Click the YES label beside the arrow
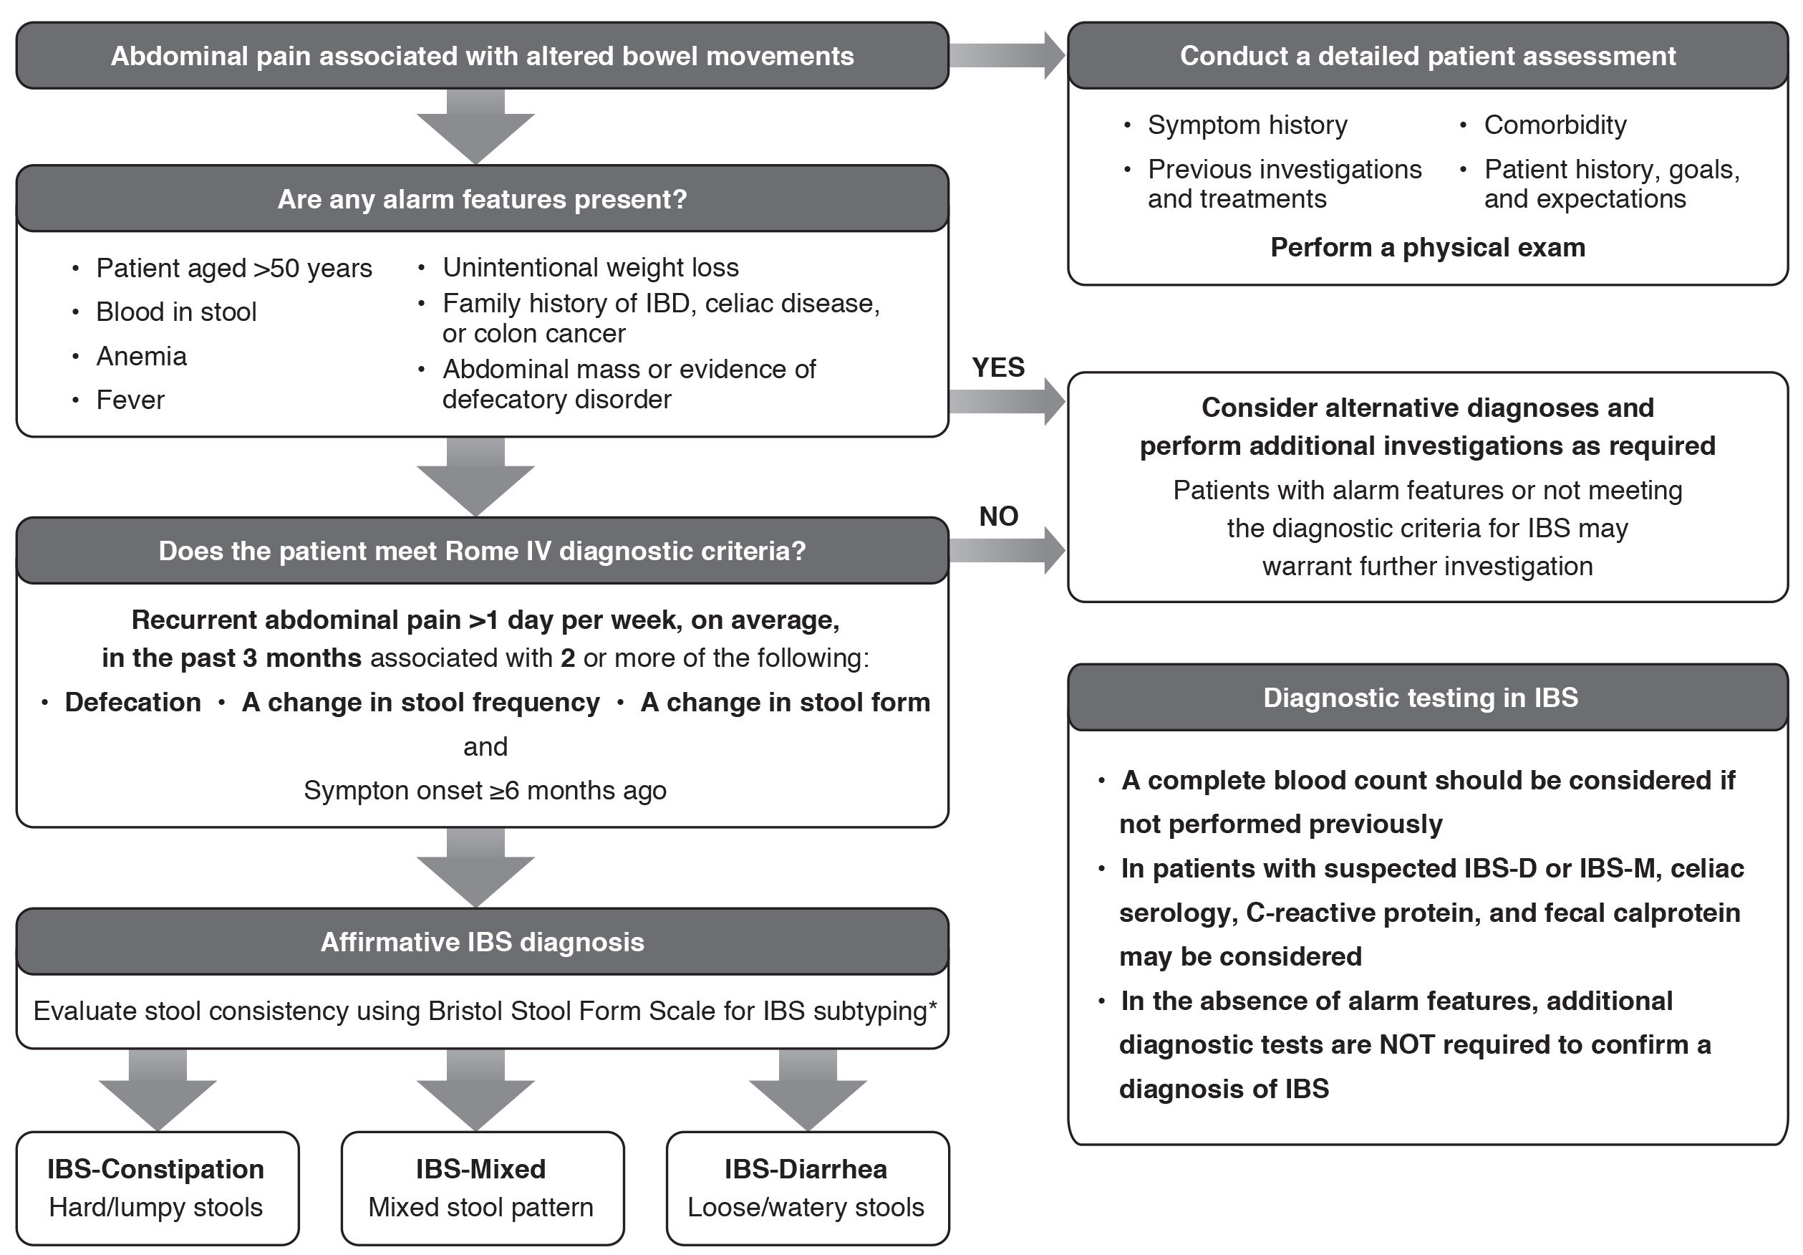(x=998, y=367)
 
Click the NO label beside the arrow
(x=998, y=516)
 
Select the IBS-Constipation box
(x=157, y=1188)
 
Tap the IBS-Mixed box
(x=481, y=1188)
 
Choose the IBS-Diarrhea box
(x=806, y=1188)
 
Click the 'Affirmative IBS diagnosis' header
(x=482, y=942)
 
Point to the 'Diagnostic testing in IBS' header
(x=1420, y=698)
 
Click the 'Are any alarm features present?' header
(x=482, y=198)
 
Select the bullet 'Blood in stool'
(x=176, y=312)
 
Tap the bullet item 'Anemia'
(x=141, y=357)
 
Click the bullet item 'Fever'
(x=130, y=400)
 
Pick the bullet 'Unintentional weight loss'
(x=591, y=268)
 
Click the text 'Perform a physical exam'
(x=1427, y=247)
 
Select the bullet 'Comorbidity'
(x=1555, y=125)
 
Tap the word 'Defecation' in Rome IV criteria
(x=132, y=702)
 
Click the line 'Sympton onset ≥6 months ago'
(x=485, y=790)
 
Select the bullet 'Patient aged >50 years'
(x=234, y=269)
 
